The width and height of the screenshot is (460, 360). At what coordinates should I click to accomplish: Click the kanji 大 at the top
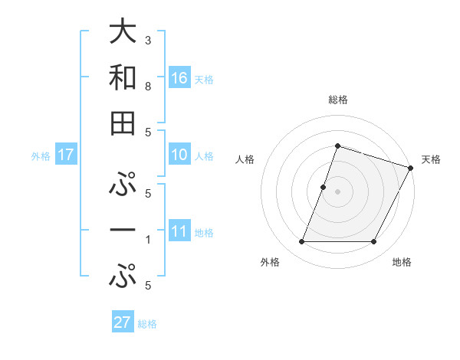point(123,32)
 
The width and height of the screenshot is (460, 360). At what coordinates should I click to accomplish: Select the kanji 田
point(123,123)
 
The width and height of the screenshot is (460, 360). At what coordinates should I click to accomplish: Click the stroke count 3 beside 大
point(148,40)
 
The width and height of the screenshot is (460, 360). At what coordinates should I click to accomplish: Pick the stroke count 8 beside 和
point(148,87)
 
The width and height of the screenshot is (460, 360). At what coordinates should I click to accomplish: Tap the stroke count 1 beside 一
point(148,240)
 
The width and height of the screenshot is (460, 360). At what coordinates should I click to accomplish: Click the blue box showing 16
point(179,78)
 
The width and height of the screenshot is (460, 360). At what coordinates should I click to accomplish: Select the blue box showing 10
point(179,155)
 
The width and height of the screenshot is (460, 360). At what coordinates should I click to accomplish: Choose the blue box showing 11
point(179,232)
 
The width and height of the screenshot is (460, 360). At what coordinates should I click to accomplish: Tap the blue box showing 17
point(66,155)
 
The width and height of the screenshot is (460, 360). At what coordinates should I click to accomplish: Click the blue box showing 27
point(123,322)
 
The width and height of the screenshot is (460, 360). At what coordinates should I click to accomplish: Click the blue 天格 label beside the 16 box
point(204,79)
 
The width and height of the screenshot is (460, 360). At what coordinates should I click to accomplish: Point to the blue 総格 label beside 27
point(147,323)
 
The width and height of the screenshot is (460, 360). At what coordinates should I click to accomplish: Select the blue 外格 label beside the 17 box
point(41,156)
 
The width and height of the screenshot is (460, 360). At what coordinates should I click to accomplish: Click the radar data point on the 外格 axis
point(301,242)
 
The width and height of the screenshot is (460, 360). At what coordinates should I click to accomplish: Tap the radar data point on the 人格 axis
point(324,187)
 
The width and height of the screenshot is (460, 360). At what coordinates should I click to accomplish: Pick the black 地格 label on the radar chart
point(402,263)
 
